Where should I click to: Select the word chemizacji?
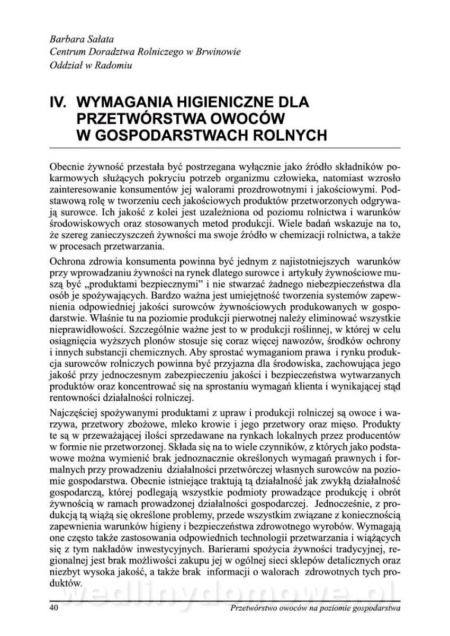point(289,237)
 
